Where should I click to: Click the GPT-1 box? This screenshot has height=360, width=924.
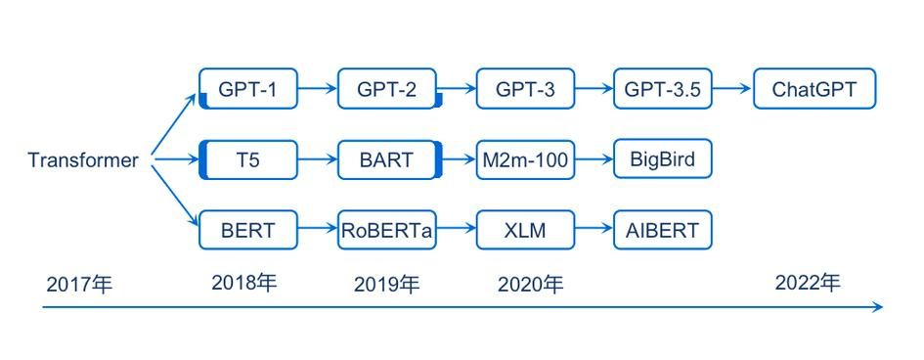pos(247,90)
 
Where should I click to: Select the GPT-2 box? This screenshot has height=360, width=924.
pos(387,90)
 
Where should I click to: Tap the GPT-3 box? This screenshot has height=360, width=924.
pos(525,90)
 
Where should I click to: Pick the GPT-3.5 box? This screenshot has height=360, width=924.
pos(663,90)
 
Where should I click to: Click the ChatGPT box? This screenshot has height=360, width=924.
pos(814,90)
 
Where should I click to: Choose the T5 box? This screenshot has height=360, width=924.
pos(248,159)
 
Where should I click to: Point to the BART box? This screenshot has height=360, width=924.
pos(387,159)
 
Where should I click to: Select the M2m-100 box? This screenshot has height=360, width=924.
pos(525,159)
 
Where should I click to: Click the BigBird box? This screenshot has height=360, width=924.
pos(663,159)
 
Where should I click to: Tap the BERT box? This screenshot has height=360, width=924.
pos(247,231)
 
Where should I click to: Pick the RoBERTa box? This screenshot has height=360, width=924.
pos(387,231)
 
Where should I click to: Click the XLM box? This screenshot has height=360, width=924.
pos(525,231)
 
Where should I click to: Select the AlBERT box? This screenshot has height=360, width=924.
pos(663,231)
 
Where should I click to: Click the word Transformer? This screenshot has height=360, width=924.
pos(83,160)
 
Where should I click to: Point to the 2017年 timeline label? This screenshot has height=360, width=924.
pos(79,285)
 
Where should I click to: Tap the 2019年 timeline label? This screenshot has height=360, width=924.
pos(386,285)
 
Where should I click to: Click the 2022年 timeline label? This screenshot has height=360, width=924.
pos(808,283)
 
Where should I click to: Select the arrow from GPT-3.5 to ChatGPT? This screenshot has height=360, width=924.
pos(732,90)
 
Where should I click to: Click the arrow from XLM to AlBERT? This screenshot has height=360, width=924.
pos(594,231)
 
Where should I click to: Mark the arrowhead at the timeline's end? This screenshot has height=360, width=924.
pos(877,307)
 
